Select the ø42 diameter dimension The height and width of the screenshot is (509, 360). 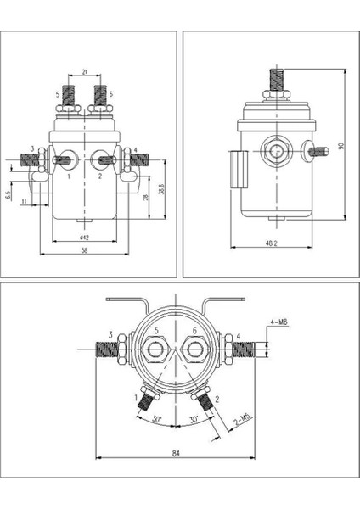pyautogui.click(x=85, y=237)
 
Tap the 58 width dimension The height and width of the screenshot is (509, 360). pyautogui.click(x=85, y=252)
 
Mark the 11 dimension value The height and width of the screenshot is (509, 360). pyautogui.click(x=25, y=202)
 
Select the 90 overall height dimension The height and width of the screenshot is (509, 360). pyautogui.click(x=341, y=146)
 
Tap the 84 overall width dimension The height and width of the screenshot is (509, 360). pyautogui.click(x=176, y=454)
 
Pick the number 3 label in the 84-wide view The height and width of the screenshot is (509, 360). pyautogui.click(x=110, y=336)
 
